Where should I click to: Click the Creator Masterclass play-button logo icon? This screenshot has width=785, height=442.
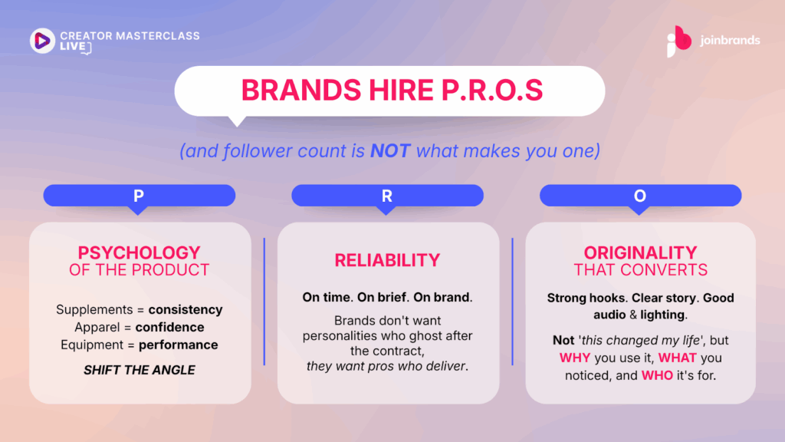[43, 41]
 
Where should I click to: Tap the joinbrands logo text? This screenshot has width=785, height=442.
[730, 41]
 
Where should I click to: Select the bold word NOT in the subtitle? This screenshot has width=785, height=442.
[390, 151]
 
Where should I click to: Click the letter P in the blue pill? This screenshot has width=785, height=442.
[139, 196]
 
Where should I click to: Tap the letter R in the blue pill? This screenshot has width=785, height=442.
[387, 196]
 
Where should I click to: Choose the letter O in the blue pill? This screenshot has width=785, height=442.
[640, 196]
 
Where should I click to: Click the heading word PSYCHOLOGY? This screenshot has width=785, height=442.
[140, 252]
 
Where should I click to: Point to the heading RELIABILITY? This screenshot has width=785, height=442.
[387, 260]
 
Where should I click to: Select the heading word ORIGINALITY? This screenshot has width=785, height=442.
[640, 252]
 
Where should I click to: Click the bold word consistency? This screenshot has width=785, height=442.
[186, 310]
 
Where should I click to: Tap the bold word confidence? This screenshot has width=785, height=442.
[169, 327]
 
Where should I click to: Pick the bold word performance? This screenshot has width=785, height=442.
[178, 345]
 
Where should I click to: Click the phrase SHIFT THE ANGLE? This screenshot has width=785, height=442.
[140, 370]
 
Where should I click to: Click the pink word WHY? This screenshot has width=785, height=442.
[575, 358]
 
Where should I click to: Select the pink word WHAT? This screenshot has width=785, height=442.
[678, 358]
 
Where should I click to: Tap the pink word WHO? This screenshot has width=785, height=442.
[657, 375]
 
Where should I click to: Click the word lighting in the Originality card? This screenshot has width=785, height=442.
[662, 315]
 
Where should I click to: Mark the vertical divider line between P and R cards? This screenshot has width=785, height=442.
[264, 302]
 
